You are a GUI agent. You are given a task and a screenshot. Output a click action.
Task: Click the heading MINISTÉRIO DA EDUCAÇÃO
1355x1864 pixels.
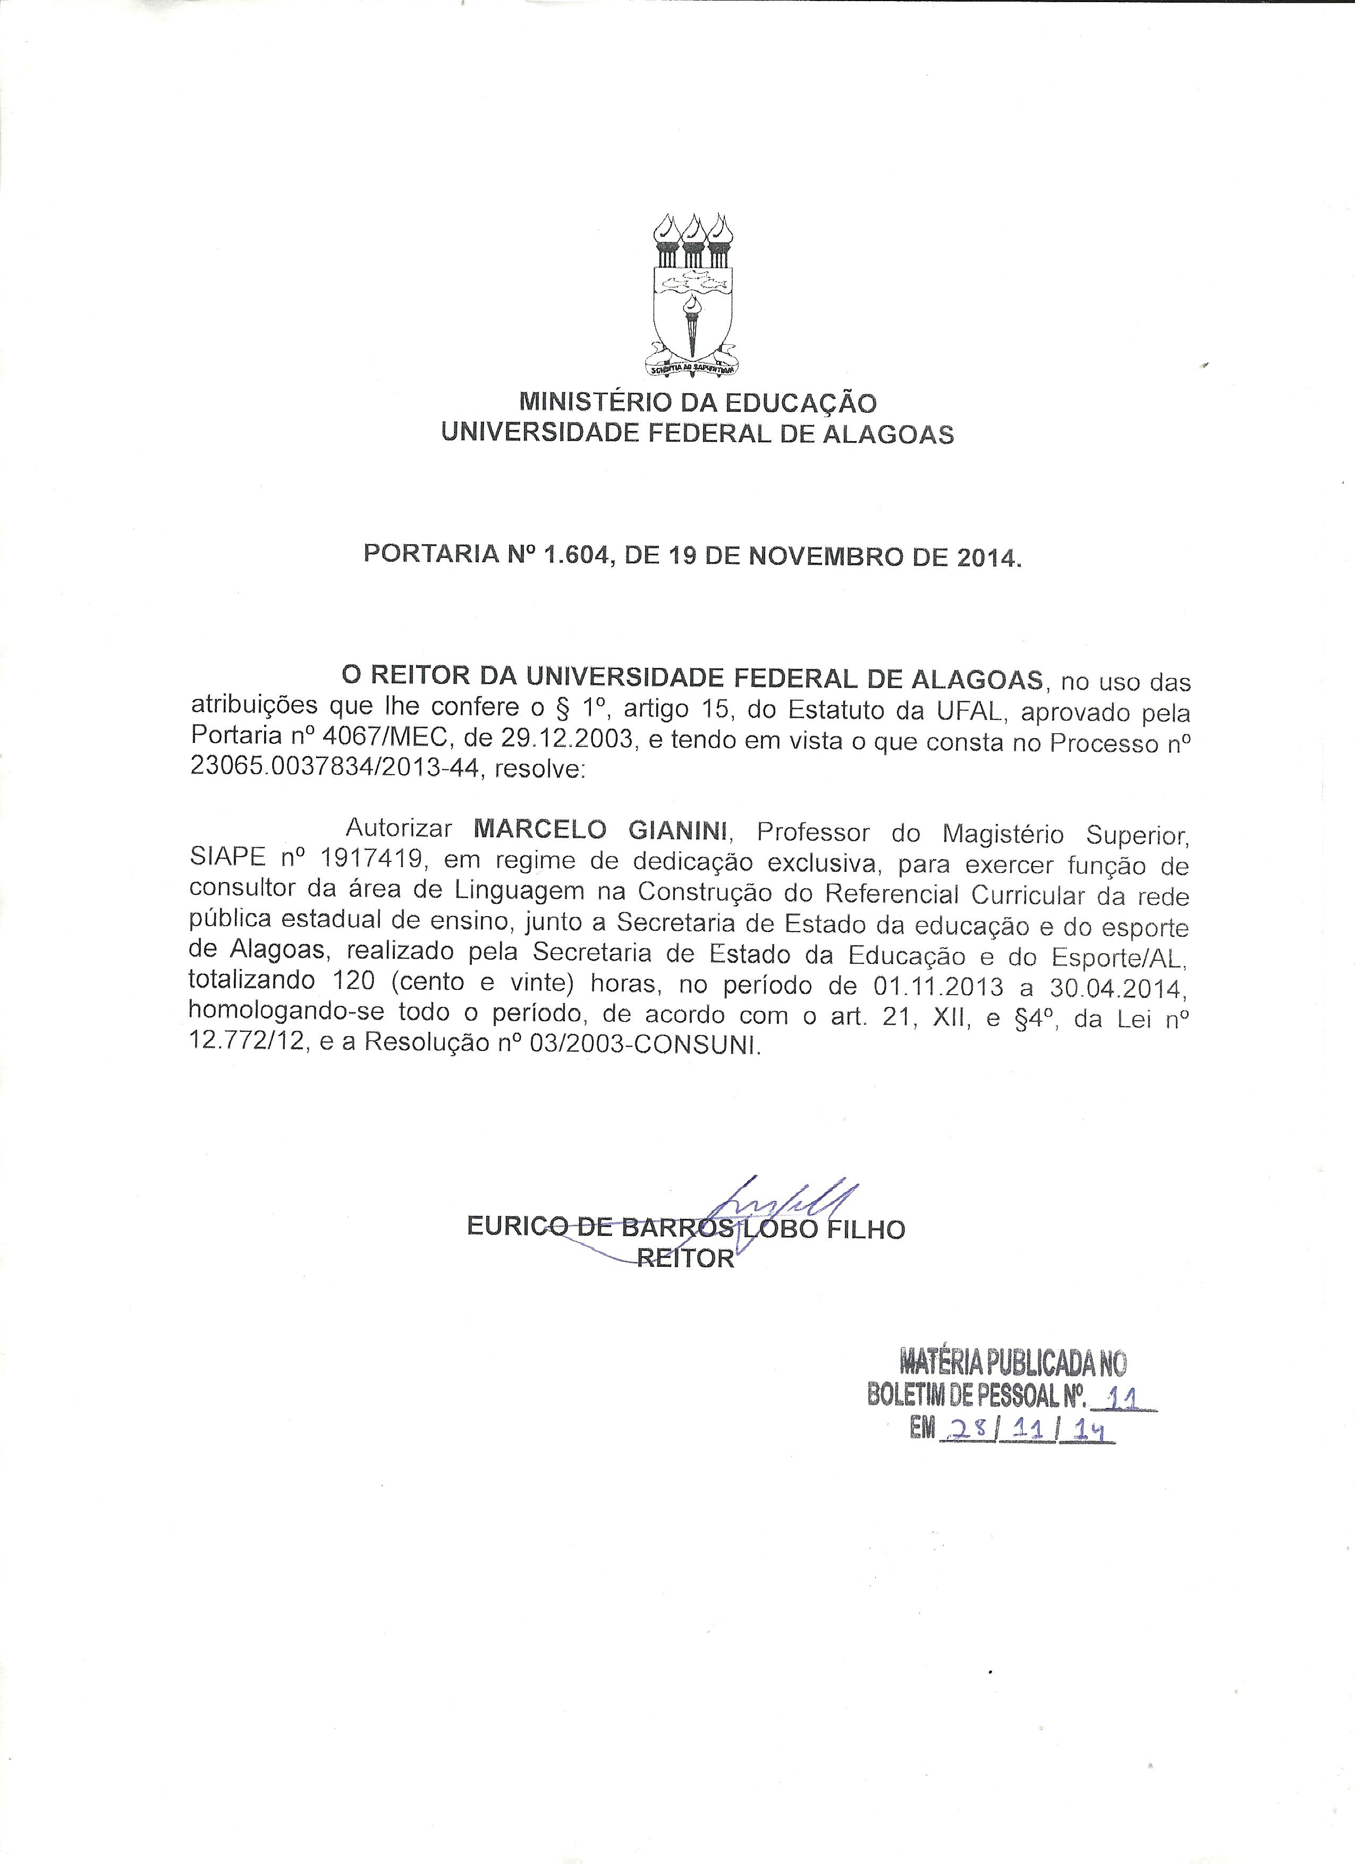tap(698, 403)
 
